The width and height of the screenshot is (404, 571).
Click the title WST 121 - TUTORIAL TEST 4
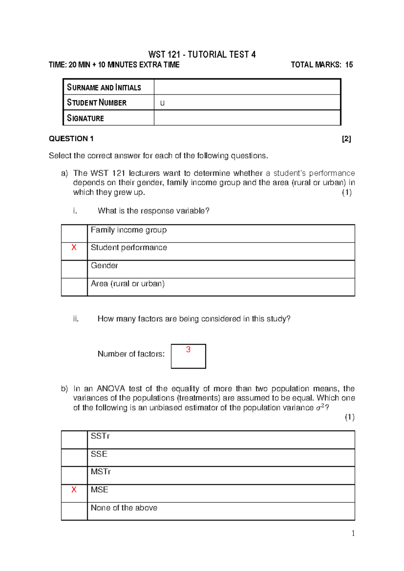click(x=202, y=55)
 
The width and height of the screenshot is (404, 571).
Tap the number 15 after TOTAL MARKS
click(x=349, y=65)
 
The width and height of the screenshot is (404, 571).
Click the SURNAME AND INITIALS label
click(x=104, y=88)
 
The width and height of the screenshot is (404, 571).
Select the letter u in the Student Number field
click(x=162, y=103)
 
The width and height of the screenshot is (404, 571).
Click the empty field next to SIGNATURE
click(x=247, y=118)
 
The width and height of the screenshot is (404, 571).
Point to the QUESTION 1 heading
click(x=71, y=139)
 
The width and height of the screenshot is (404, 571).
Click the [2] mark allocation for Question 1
click(x=346, y=139)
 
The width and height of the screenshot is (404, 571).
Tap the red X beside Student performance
click(x=74, y=247)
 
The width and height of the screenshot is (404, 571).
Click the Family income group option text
click(x=129, y=230)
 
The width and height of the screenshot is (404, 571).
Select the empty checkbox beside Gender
click(x=74, y=269)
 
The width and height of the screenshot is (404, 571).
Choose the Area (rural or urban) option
click(x=128, y=283)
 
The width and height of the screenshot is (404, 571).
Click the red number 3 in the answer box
click(x=188, y=349)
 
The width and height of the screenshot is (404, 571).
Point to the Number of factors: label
click(x=131, y=354)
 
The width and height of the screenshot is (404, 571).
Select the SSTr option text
click(x=100, y=436)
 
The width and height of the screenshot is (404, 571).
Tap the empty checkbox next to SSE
click(x=74, y=457)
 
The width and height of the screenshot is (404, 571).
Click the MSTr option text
click(x=101, y=472)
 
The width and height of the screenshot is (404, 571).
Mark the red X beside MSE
click(x=74, y=490)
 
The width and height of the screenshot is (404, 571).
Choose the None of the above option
click(x=124, y=508)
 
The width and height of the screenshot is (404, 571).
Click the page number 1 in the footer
click(x=353, y=533)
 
